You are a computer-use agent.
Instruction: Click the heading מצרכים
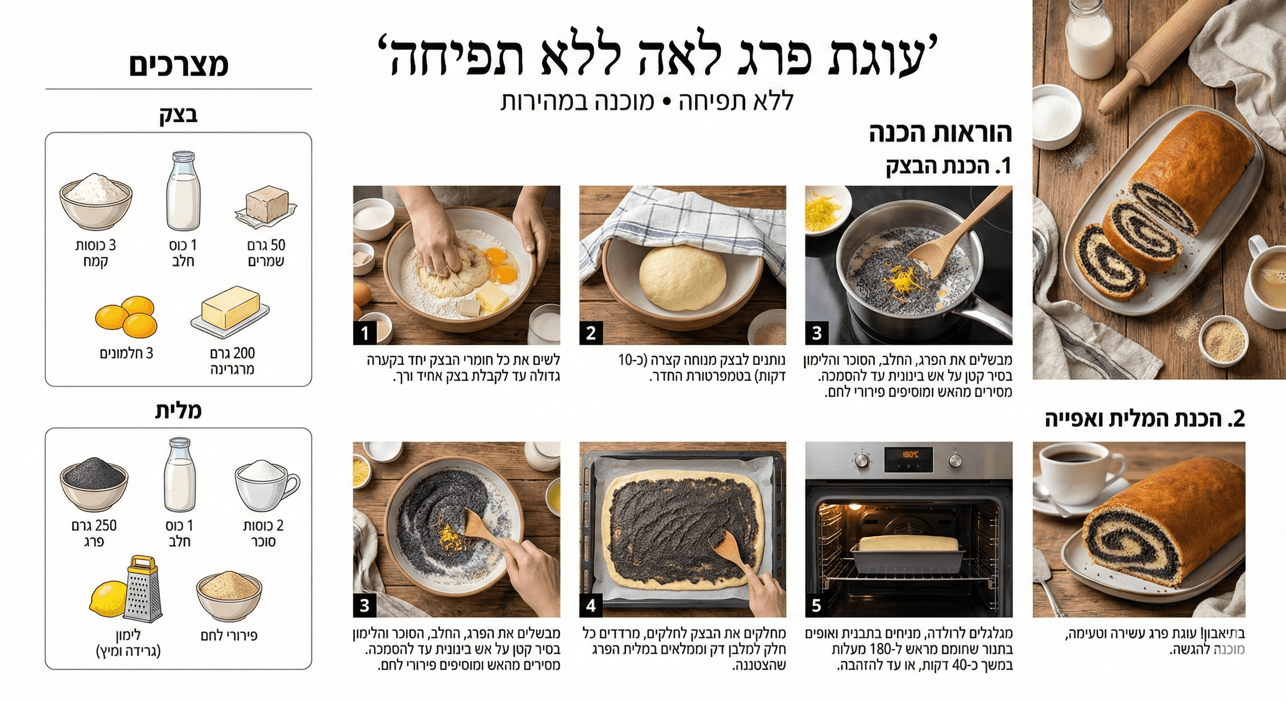click(179, 65)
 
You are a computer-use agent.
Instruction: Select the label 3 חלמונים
click(126, 354)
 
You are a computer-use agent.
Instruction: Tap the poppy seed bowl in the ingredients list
click(94, 481)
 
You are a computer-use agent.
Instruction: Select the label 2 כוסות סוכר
click(264, 533)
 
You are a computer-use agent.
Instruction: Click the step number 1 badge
click(365, 333)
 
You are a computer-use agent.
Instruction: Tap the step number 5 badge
click(817, 606)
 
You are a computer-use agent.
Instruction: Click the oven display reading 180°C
click(909, 455)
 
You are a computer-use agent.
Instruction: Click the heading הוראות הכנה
click(941, 133)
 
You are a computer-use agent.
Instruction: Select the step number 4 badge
click(591, 606)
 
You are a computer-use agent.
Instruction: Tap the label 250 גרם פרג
click(94, 533)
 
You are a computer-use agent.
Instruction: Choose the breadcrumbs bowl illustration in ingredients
click(229, 596)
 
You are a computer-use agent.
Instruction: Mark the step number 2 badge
click(591, 333)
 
